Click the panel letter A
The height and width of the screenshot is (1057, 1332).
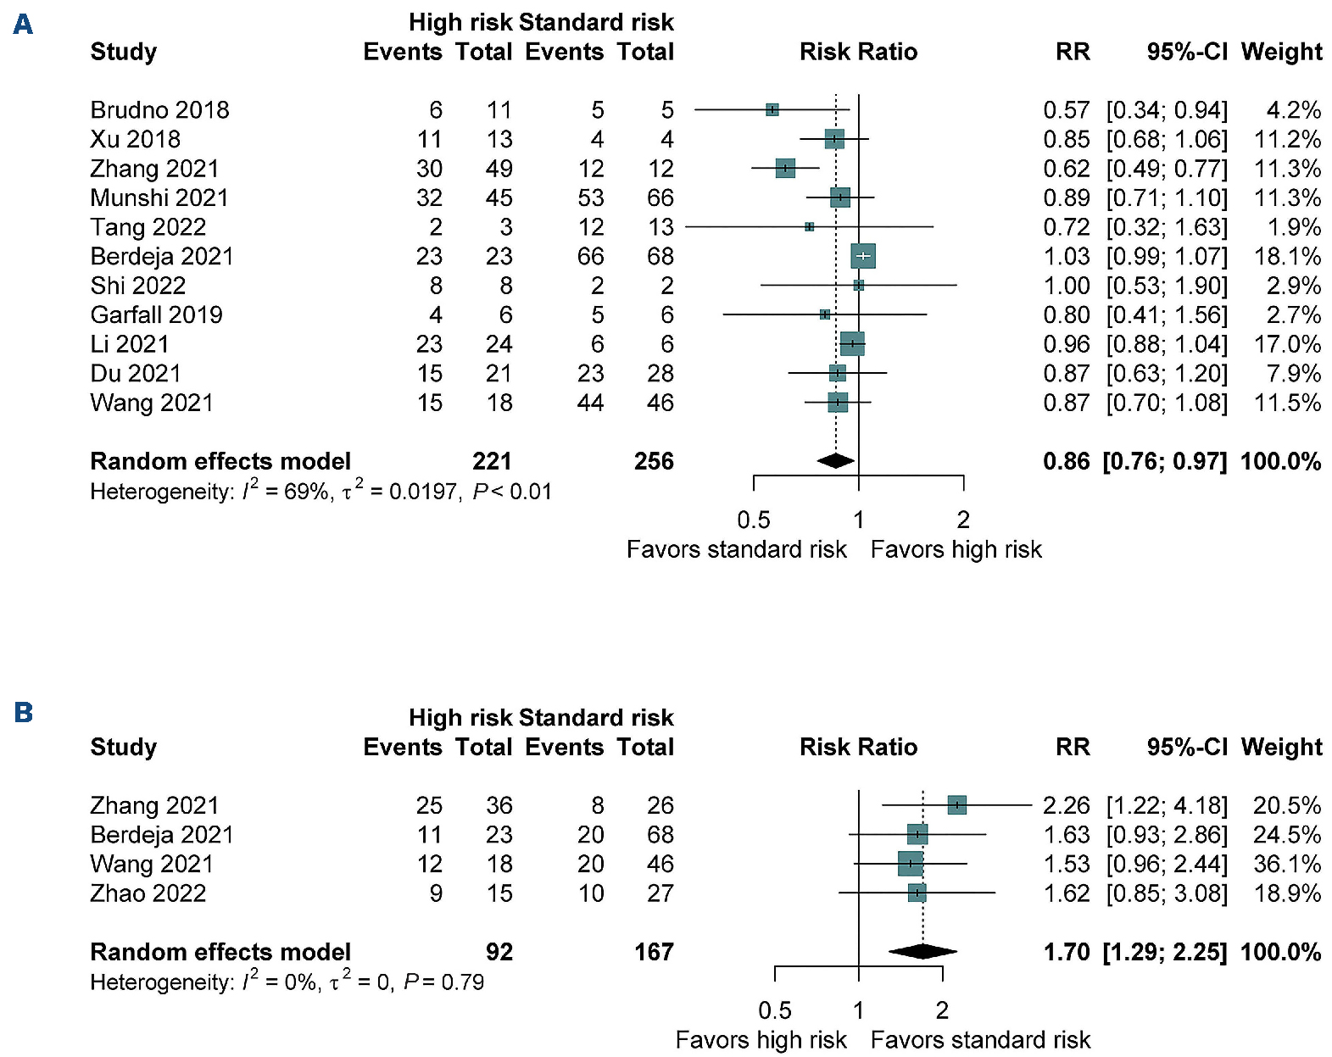tap(23, 24)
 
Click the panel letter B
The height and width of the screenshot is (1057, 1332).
tap(23, 712)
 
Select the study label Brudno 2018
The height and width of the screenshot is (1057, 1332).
tap(159, 110)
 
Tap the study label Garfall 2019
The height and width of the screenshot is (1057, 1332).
tap(156, 315)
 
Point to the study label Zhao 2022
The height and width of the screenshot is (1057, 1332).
tap(148, 893)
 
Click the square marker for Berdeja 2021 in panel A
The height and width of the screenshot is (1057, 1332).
tap(862, 256)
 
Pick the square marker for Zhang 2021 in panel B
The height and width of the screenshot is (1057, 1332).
tap(956, 805)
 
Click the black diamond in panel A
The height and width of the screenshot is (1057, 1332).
tap(836, 461)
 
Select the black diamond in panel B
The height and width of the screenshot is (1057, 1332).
tap(922, 952)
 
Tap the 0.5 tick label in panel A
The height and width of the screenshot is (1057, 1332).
tap(753, 520)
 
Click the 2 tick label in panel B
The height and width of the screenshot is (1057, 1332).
tap(942, 1010)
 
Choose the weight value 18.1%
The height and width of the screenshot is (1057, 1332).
tap(1287, 256)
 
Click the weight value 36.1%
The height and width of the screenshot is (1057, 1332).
tap(1287, 864)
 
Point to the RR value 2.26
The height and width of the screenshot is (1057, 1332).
tap(1066, 805)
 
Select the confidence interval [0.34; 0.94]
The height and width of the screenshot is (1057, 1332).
tap(1167, 110)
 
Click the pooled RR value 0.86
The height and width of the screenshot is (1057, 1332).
tap(1066, 461)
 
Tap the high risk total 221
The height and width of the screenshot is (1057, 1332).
tap(492, 461)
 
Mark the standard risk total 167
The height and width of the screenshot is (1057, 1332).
tap(654, 952)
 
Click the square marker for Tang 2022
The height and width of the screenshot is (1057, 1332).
tap(809, 227)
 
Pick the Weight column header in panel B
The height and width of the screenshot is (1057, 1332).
tap(1281, 747)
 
